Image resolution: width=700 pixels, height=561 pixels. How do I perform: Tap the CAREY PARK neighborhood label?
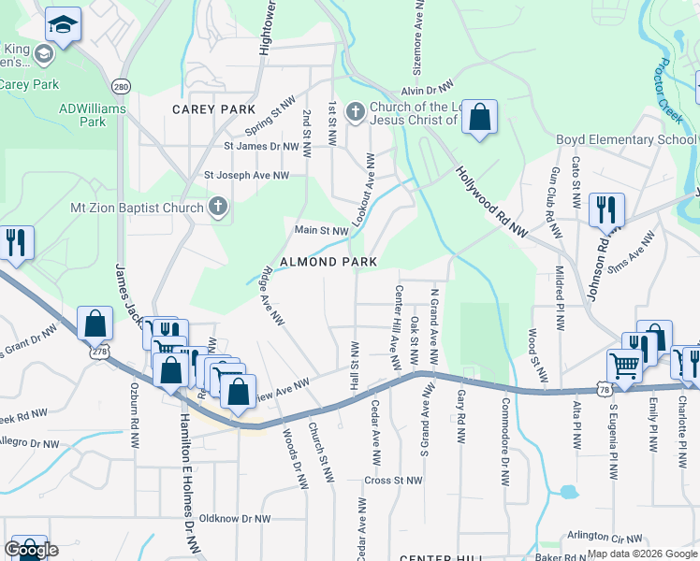[213, 109]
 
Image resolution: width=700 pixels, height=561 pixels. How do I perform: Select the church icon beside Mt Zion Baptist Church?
[218, 207]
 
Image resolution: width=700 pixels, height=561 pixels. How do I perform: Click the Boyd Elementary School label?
[626, 140]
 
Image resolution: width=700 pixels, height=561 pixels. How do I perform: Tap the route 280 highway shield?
[121, 86]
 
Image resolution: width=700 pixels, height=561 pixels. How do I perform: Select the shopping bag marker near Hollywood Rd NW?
[479, 118]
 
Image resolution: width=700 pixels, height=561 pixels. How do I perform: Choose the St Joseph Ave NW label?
[247, 175]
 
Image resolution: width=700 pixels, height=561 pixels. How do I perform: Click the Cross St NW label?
[388, 481]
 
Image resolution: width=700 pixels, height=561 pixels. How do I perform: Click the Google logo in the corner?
[31, 550]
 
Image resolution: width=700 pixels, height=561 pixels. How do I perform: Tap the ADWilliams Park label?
[93, 115]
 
